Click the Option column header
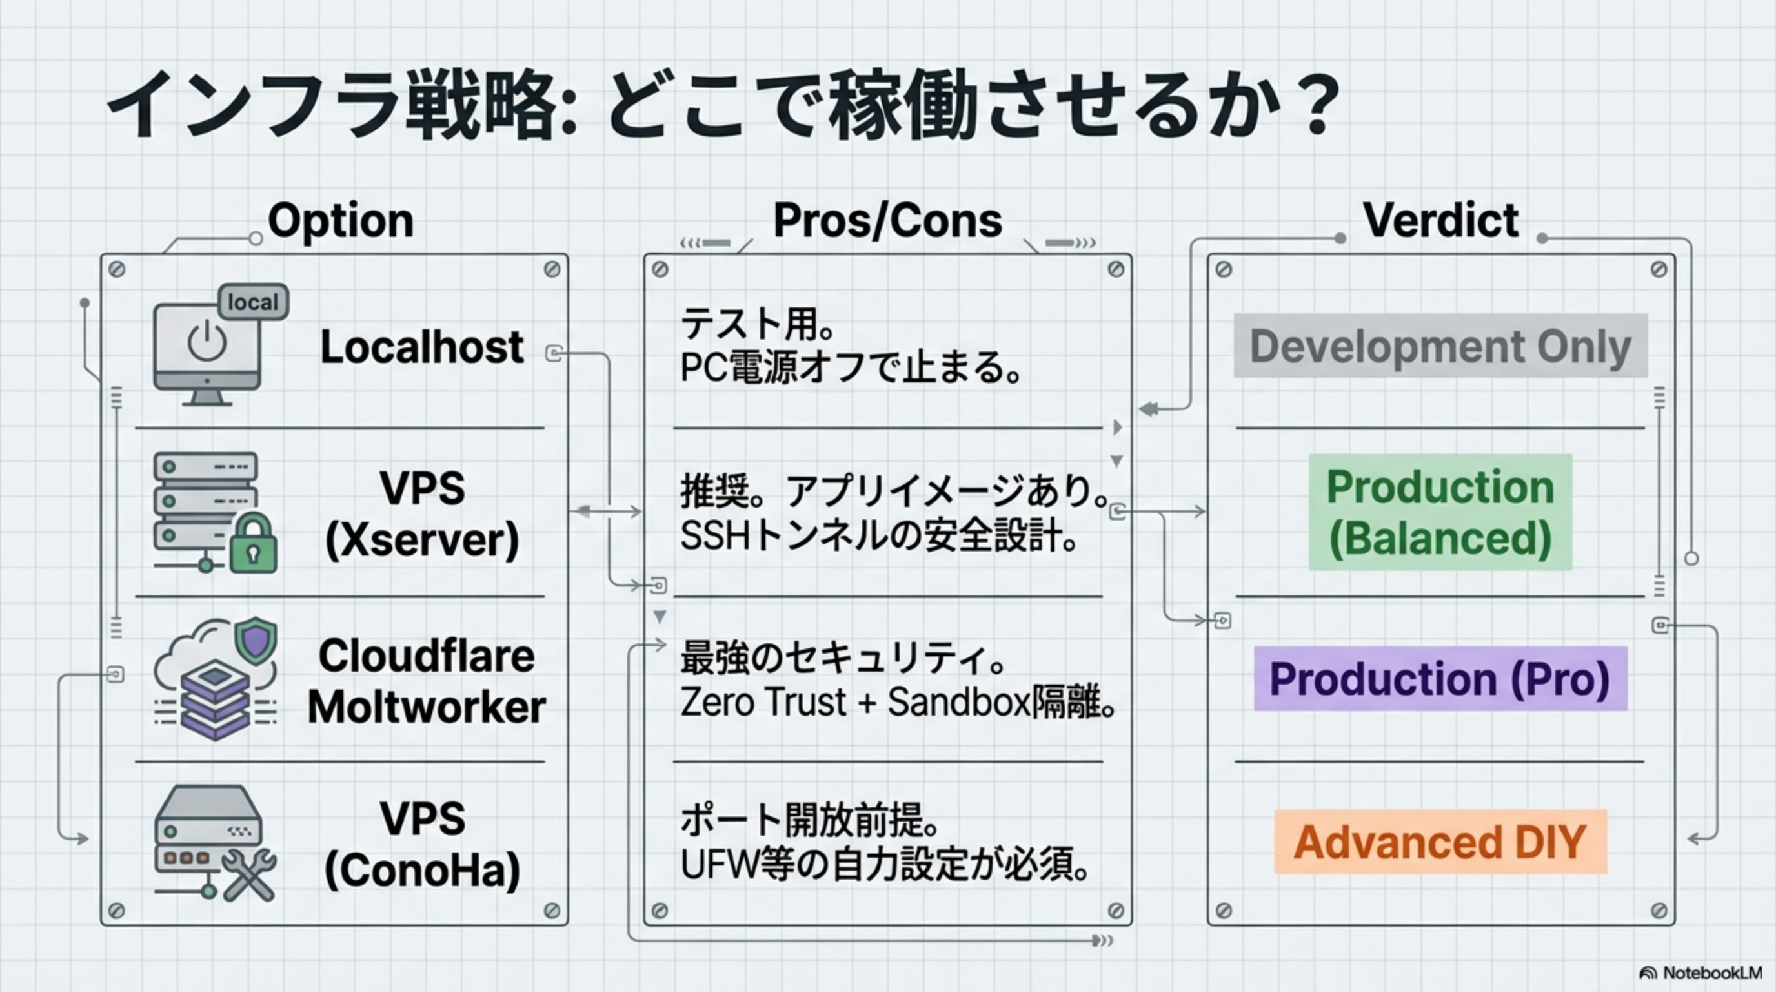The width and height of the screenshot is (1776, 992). [341, 221]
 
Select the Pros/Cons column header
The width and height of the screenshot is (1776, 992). [887, 221]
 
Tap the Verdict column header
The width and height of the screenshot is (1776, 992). [1440, 221]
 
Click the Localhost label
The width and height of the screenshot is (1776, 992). [421, 346]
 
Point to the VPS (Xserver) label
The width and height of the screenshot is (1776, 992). [421, 514]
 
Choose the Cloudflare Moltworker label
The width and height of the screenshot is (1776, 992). [426, 681]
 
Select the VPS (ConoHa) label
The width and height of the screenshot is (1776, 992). [421, 845]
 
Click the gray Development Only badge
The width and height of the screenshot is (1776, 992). [1440, 346]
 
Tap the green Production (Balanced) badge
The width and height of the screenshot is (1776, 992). [1440, 512]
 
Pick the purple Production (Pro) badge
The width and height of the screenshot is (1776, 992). [1440, 679]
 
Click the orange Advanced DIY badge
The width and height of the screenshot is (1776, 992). [1440, 842]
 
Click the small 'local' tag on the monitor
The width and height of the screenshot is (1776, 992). [253, 302]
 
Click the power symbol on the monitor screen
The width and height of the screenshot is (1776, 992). [207, 342]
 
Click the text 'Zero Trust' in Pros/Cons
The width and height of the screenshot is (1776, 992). [763, 703]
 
